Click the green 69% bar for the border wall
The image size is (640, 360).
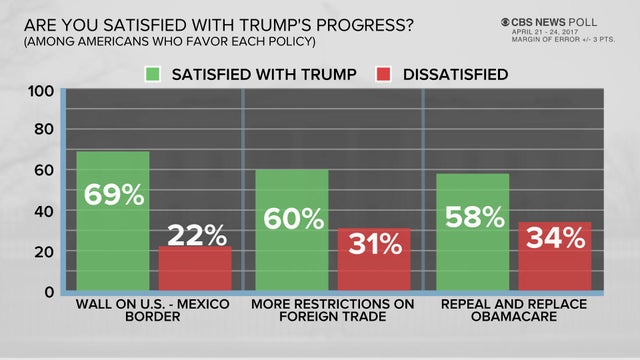click(x=113, y=221)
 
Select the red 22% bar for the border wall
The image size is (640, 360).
click(x=194, y=269)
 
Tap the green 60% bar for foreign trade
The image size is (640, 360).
click(x=291, y=230)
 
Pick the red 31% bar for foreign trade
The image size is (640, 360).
click(x=372, y=260)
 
